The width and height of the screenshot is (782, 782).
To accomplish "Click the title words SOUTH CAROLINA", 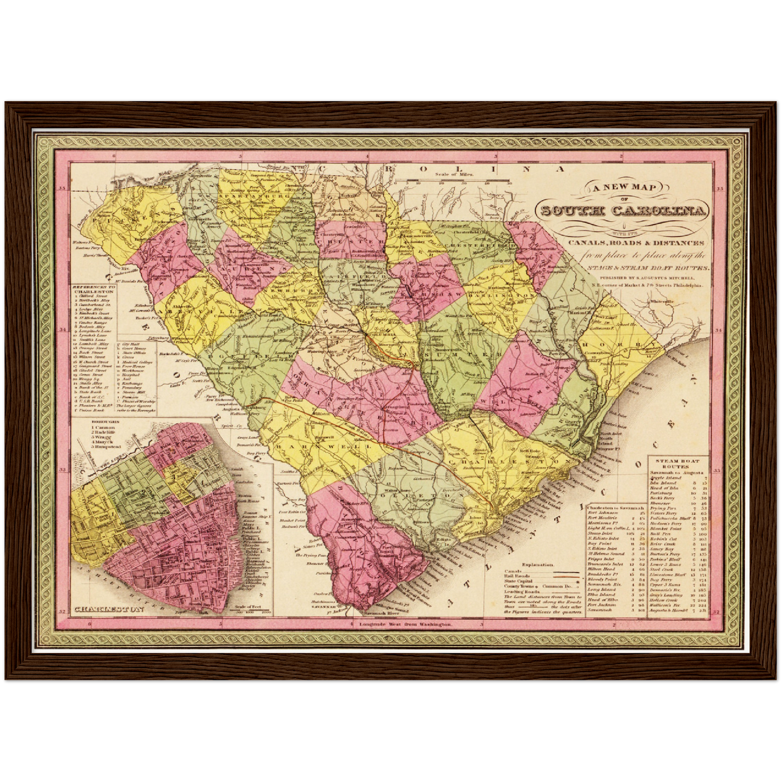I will click(x=624, y=211).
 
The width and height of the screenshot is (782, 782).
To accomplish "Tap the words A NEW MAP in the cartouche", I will click(x=623, y=188).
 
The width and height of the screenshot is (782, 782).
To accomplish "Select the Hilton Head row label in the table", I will click(x=601, y=569).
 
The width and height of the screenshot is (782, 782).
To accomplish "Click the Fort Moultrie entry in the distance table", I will click(x=602, y=518).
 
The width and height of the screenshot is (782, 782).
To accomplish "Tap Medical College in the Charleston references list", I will click(x=138, y=362).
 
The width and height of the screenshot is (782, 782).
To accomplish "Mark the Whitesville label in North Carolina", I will click(x=663, y=301).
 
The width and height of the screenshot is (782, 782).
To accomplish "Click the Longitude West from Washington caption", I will click(x=405, y=625).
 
